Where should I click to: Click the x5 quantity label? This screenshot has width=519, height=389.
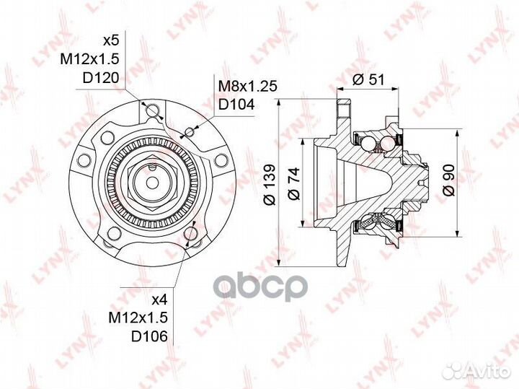click(110, 40)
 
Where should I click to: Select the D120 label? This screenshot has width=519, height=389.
click(99, 78)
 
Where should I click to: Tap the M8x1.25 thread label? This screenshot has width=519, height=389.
click(248, 86)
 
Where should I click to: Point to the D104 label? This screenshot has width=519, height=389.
click(236, 105)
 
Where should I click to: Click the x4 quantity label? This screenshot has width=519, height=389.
click(160, 300)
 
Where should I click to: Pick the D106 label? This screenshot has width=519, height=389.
click(149, 336)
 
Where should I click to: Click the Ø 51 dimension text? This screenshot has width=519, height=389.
click(368, 80)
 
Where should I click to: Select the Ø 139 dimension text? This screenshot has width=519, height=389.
click(270, 184)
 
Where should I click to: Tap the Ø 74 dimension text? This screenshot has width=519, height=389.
click(294, 183)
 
